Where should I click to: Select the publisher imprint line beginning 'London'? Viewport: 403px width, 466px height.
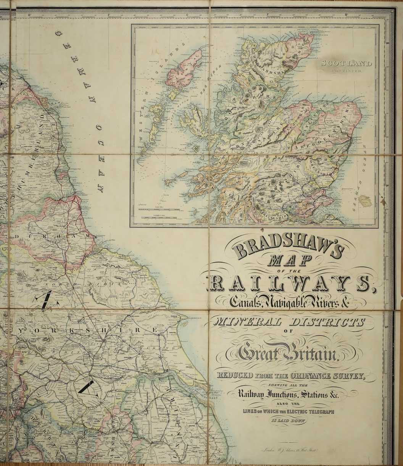tap(289, 450)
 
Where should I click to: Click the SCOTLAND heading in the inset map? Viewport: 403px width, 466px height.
tap(346, 63)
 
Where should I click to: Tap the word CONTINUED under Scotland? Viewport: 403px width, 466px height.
tap(346, 71)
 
